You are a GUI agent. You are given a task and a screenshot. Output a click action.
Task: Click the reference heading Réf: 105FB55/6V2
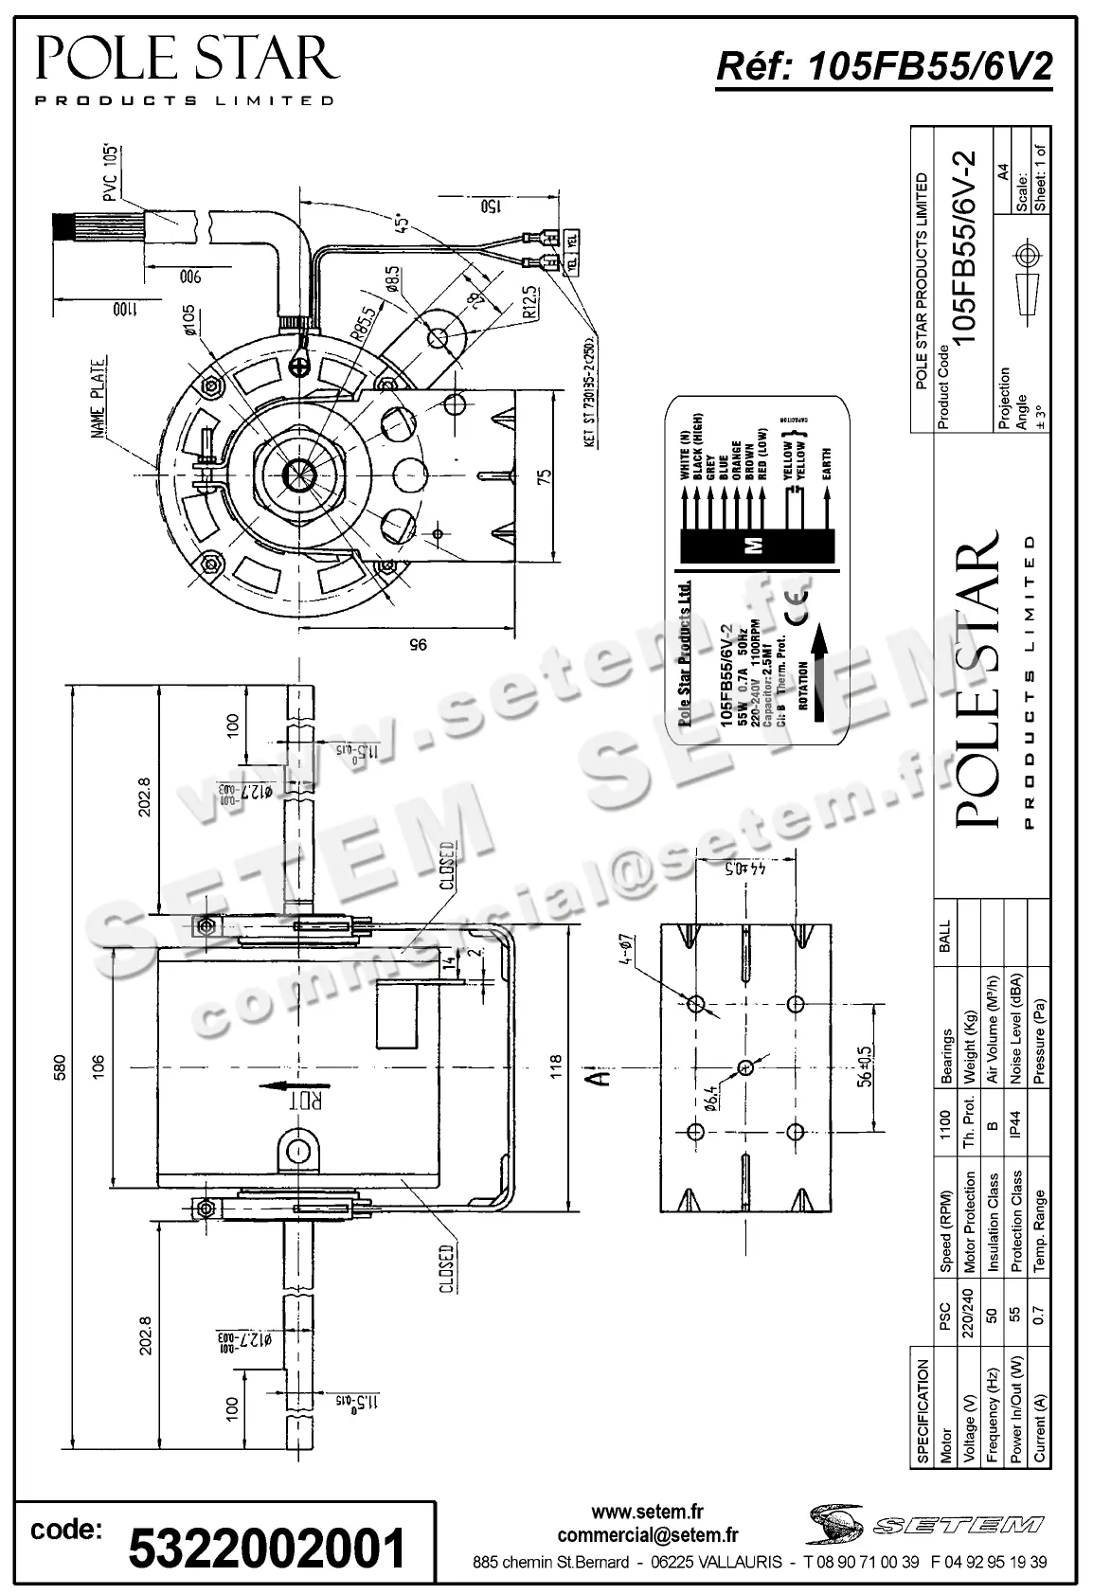click(884, 67)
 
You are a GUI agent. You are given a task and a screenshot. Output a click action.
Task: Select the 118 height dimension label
click(557, 1066)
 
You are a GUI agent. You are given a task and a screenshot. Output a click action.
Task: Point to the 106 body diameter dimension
click(99, 1066)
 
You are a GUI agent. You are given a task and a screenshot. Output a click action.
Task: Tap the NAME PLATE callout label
click(99, 397)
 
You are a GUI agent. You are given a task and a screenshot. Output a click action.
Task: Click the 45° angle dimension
click(403, 223)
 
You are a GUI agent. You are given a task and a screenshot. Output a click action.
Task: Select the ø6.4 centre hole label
click(709, 1096)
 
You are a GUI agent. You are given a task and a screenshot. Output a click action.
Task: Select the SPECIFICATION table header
click(923, 1411)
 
